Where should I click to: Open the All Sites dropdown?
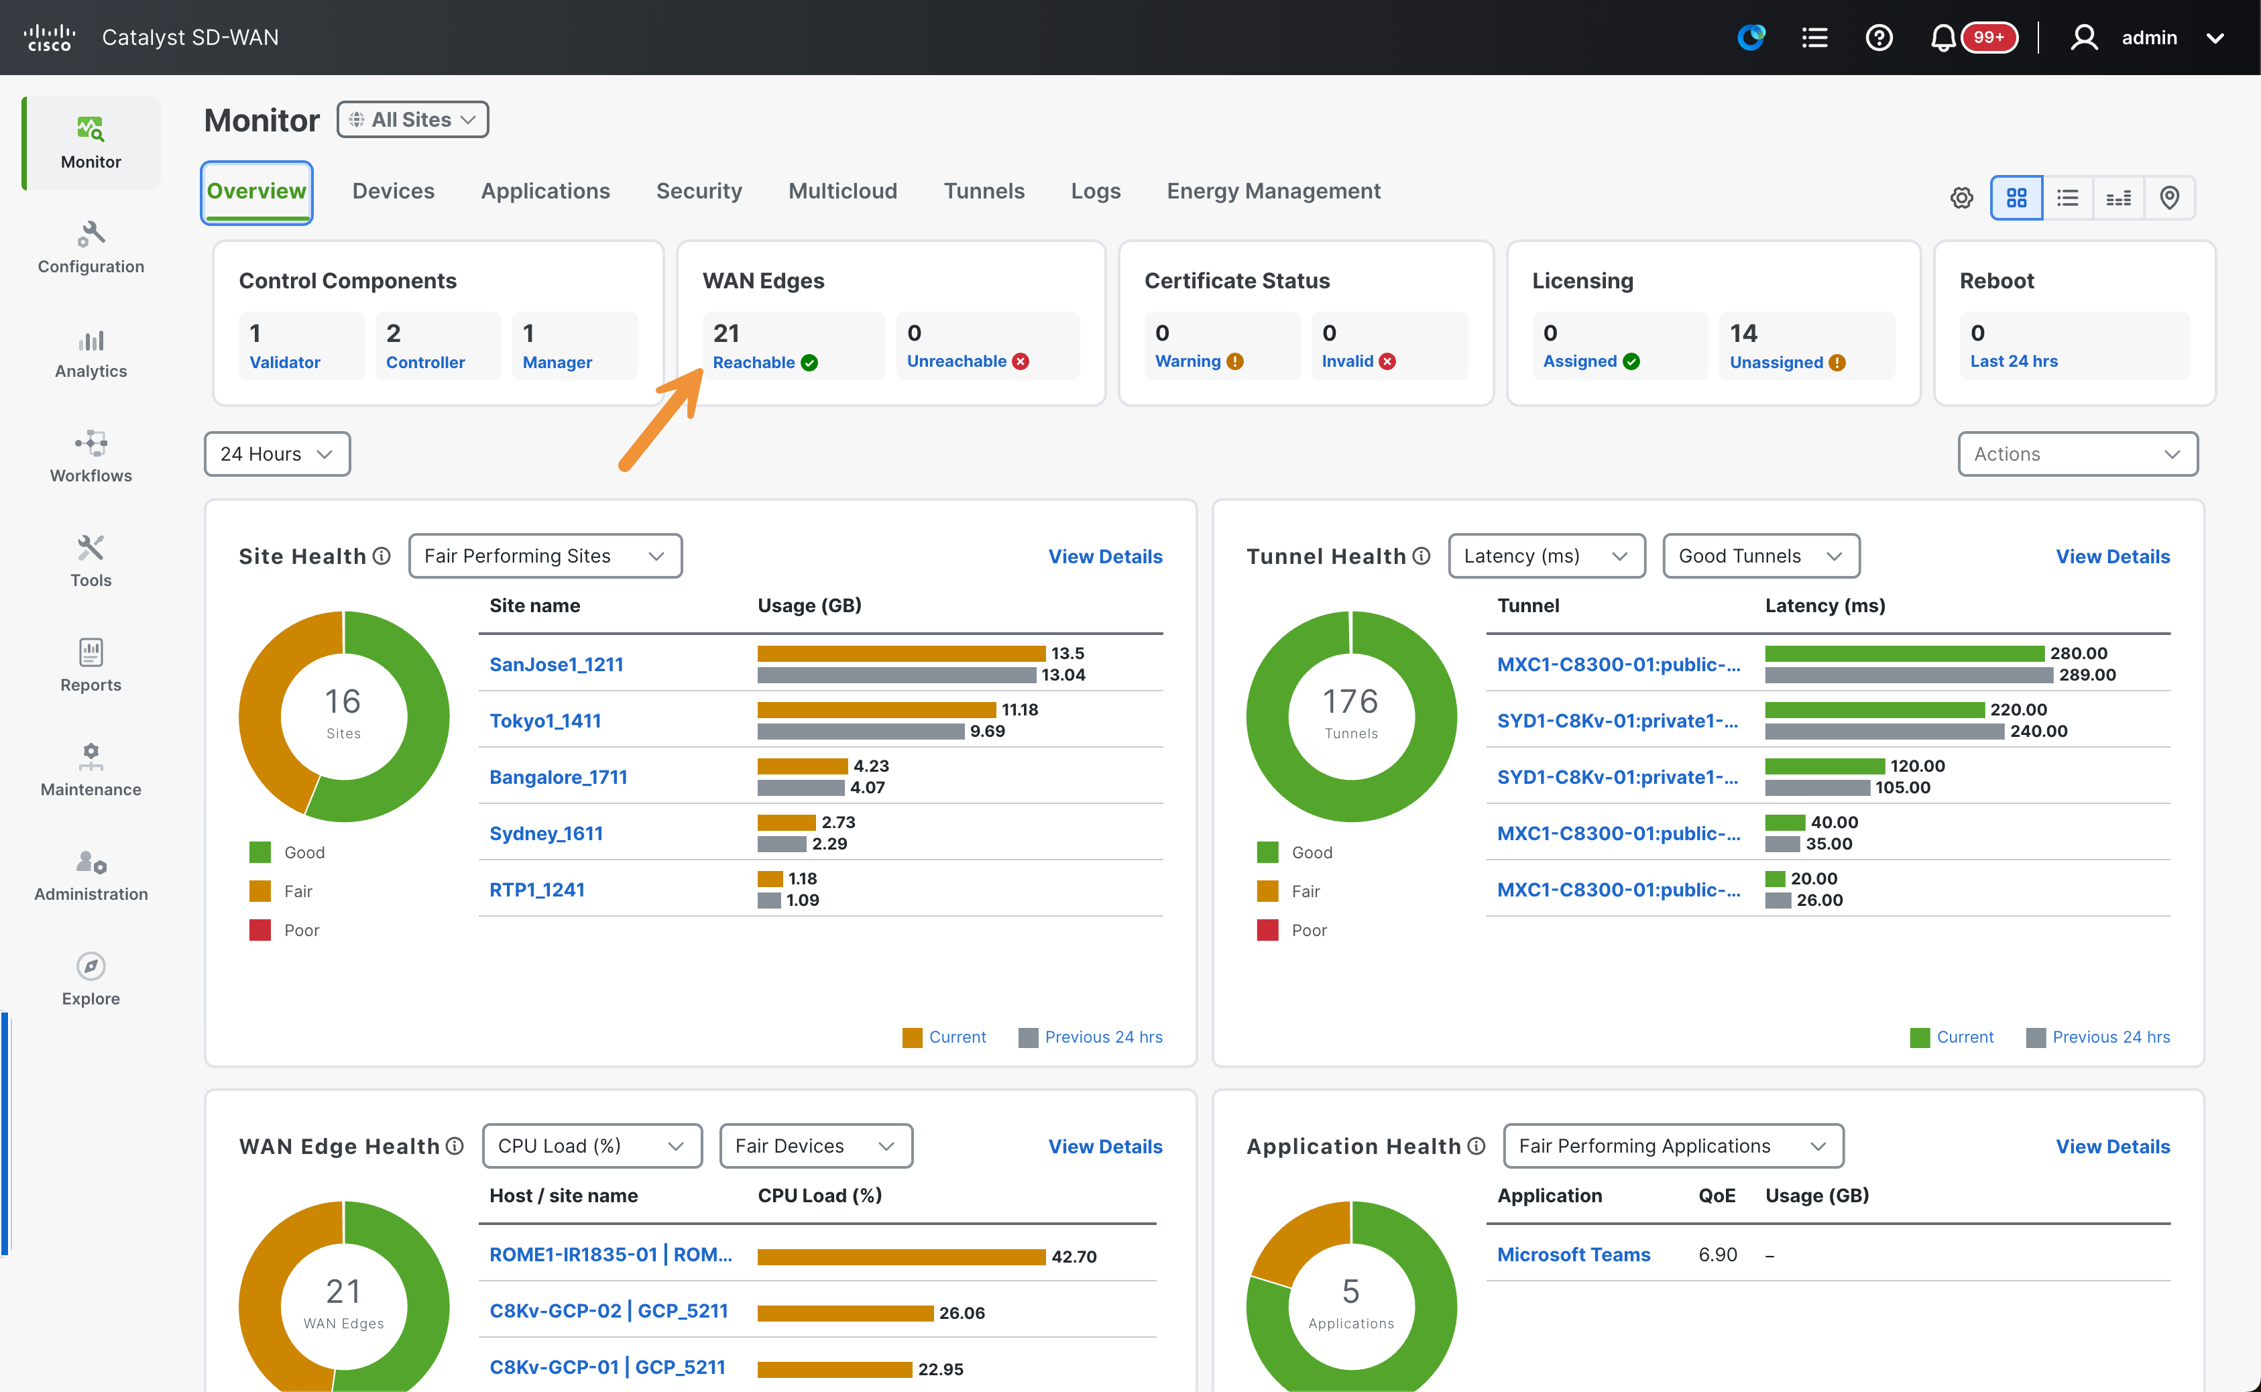click(x=412, y=119)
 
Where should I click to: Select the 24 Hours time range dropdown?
click(x=277, y=454)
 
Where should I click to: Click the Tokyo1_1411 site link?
click(x=545, y=721)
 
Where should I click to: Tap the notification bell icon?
click(x=1943, y=38)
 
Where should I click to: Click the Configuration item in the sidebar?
click(x=91, y=247)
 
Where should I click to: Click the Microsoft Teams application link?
click(x=1573, y=1254)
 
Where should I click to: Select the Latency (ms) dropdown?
click(x=1547, y=556)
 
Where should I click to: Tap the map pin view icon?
click(x=2169, y=198)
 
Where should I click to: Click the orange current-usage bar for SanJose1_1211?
click(x=901, y=654)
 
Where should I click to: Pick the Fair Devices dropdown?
click(x=815, y=1146)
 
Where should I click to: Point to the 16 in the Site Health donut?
click(x=343, y=701)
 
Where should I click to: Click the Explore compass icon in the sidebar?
click(x=91, y=966)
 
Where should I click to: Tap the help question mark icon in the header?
click(x=1878, y=38)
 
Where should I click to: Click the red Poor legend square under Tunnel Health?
click(x=1268, y=930)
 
